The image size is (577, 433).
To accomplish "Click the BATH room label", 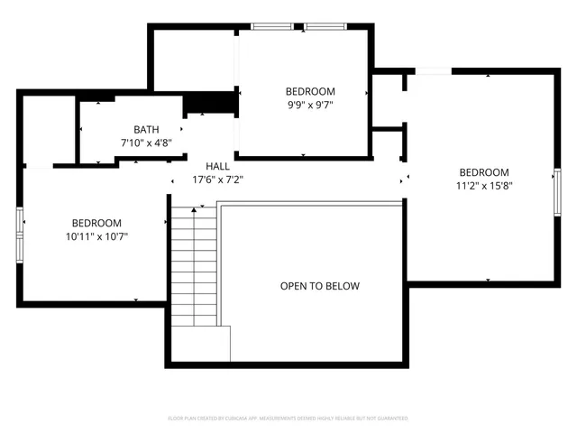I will point(146,130).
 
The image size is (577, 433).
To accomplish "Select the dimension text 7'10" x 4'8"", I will point(146,143).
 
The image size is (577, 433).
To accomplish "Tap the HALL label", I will point(217,166).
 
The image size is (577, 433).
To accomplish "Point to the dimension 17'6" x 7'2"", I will point(217,179).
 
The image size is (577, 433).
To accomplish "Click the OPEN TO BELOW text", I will point(319,286).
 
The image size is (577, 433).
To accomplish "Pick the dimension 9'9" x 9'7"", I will point(310,104).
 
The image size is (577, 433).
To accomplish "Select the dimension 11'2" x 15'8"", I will point(484,186).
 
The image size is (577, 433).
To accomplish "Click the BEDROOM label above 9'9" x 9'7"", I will point(310,91).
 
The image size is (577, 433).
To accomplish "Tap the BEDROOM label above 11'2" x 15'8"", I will point(484,173).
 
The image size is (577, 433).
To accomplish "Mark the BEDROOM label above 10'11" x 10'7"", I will point(96,224).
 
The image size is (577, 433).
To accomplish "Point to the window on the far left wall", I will point(20,234).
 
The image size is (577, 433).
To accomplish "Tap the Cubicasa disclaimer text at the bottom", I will point(288,419).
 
